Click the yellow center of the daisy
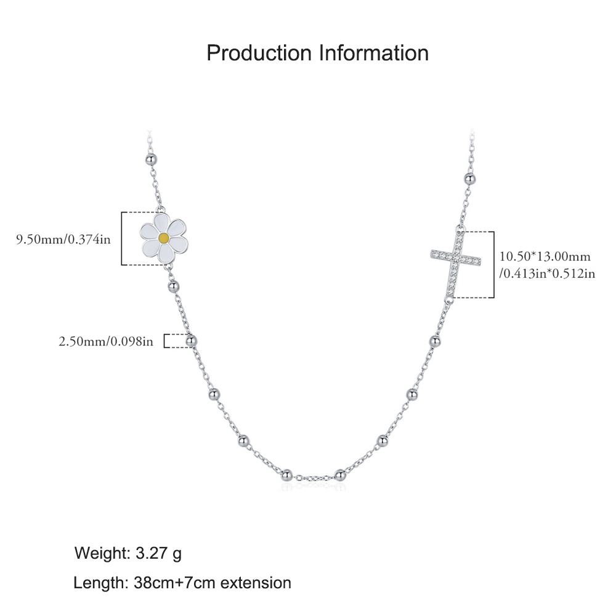point(164,238)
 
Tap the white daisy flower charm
point(164,238)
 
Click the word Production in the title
point(259,52)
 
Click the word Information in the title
point(374,52)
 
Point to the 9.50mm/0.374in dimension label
point(63,239)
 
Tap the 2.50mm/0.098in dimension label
point(106,341)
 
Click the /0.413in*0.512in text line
point(547,274)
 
